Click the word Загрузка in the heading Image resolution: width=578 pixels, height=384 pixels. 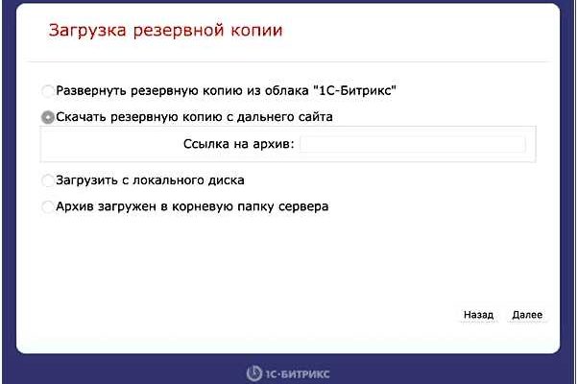(87, 31)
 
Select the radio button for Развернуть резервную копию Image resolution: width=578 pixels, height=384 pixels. (48, 90)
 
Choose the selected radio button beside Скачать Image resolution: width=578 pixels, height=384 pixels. (48, 117)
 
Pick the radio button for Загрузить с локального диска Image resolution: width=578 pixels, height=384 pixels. (48, 180)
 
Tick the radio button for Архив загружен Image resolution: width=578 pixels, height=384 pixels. (48, 206)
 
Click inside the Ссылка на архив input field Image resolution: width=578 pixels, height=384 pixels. (413, 144)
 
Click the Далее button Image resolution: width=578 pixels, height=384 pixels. (527, 315)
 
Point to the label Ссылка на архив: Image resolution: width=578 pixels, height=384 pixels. (238, 144)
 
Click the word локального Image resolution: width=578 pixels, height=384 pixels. (168, 180)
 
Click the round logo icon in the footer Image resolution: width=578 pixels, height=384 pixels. (254, 373)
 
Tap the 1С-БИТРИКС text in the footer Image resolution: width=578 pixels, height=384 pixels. (297, 374)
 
